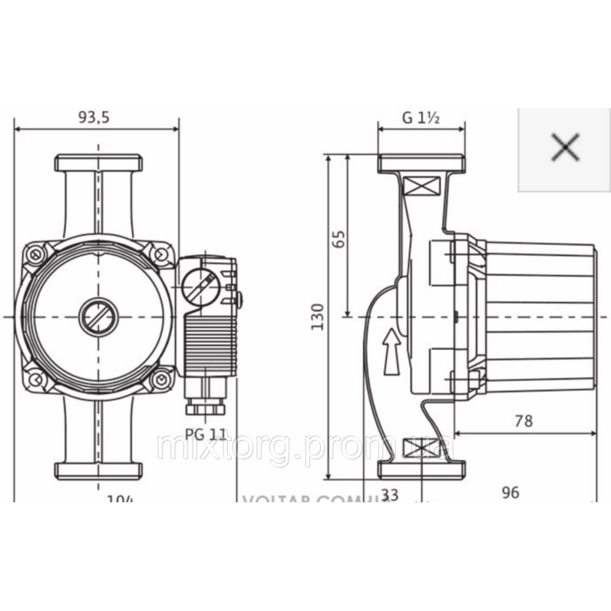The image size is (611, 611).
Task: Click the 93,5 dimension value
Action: click(93, 119)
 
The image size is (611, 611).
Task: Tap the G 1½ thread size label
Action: click(422, 119)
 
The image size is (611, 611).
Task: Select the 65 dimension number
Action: click(340, 236)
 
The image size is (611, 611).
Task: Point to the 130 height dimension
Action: click(318, 316)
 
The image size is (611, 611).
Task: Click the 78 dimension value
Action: click(524, 421)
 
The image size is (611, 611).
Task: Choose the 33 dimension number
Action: click(389, 494)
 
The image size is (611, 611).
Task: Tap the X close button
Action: click(565, 148)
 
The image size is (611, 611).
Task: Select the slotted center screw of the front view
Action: click(98, 316)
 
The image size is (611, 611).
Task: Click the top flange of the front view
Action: click(98, 163)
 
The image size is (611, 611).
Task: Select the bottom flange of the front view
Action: click(98, 470)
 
